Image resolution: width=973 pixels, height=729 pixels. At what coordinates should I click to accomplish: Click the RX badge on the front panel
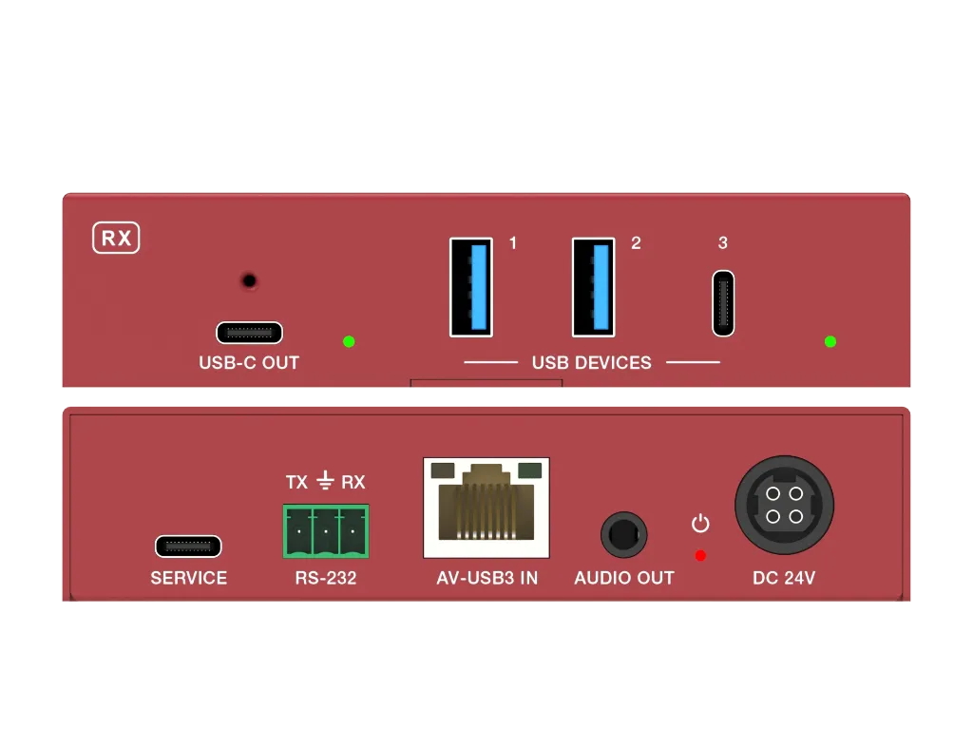click(116, 238)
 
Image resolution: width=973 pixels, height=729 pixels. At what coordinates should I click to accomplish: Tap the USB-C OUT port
click(250, 333)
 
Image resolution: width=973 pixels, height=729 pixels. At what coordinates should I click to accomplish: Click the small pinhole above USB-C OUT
click(249, 280)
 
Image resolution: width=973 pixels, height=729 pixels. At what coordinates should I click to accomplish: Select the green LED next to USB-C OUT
click(349, 341)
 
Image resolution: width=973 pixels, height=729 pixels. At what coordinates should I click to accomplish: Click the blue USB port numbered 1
click(471, 287)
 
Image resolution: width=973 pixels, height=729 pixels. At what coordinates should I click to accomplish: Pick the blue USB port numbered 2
click(594, 287)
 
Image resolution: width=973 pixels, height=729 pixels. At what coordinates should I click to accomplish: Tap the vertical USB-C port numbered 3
click(723, 303)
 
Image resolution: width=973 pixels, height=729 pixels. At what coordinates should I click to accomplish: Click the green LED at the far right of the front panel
click(830, 341)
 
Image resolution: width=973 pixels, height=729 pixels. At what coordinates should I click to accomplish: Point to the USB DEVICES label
click(591, 363)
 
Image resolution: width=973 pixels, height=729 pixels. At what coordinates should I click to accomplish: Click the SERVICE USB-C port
click(188, 547)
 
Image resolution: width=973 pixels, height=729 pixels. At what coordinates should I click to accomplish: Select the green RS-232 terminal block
click(326, 531)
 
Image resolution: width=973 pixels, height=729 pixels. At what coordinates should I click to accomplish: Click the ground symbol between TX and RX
click(325, 481)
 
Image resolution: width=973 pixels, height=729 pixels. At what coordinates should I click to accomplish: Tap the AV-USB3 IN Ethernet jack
click(486, 508)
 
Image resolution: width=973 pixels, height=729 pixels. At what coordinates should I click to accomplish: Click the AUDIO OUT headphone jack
click(623, 535)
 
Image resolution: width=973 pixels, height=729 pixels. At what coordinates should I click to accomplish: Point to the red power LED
click(700, 556)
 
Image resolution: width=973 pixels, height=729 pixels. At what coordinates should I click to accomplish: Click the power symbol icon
click(700, 524)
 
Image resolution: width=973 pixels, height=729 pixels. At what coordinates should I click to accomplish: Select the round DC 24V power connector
click(784, 505)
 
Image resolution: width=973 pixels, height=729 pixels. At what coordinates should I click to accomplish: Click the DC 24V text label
click(784, 578)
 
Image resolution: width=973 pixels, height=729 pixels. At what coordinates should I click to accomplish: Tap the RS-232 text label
click(326, 578)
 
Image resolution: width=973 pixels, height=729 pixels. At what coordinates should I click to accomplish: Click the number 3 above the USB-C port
click(723, 242)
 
